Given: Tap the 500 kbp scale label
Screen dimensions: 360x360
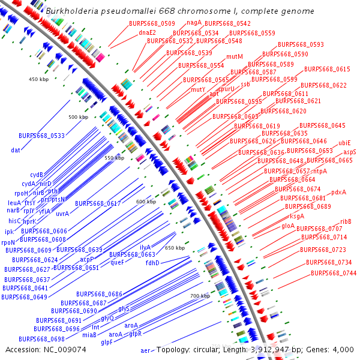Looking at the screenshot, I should point(78,117).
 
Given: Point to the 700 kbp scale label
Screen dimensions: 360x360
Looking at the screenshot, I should point(200,296).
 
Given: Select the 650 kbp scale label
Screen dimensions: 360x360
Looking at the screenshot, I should point(175,248).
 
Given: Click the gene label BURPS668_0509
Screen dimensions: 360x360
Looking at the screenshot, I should point(148,23).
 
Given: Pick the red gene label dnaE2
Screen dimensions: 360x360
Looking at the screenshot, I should point(147,32).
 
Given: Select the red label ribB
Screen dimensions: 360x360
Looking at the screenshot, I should point(346,221).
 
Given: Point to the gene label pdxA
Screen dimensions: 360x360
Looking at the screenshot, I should point(338,192).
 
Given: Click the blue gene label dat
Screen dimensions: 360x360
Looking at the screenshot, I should point(16,149).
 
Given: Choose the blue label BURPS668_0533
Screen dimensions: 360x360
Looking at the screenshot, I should point(41,136).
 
